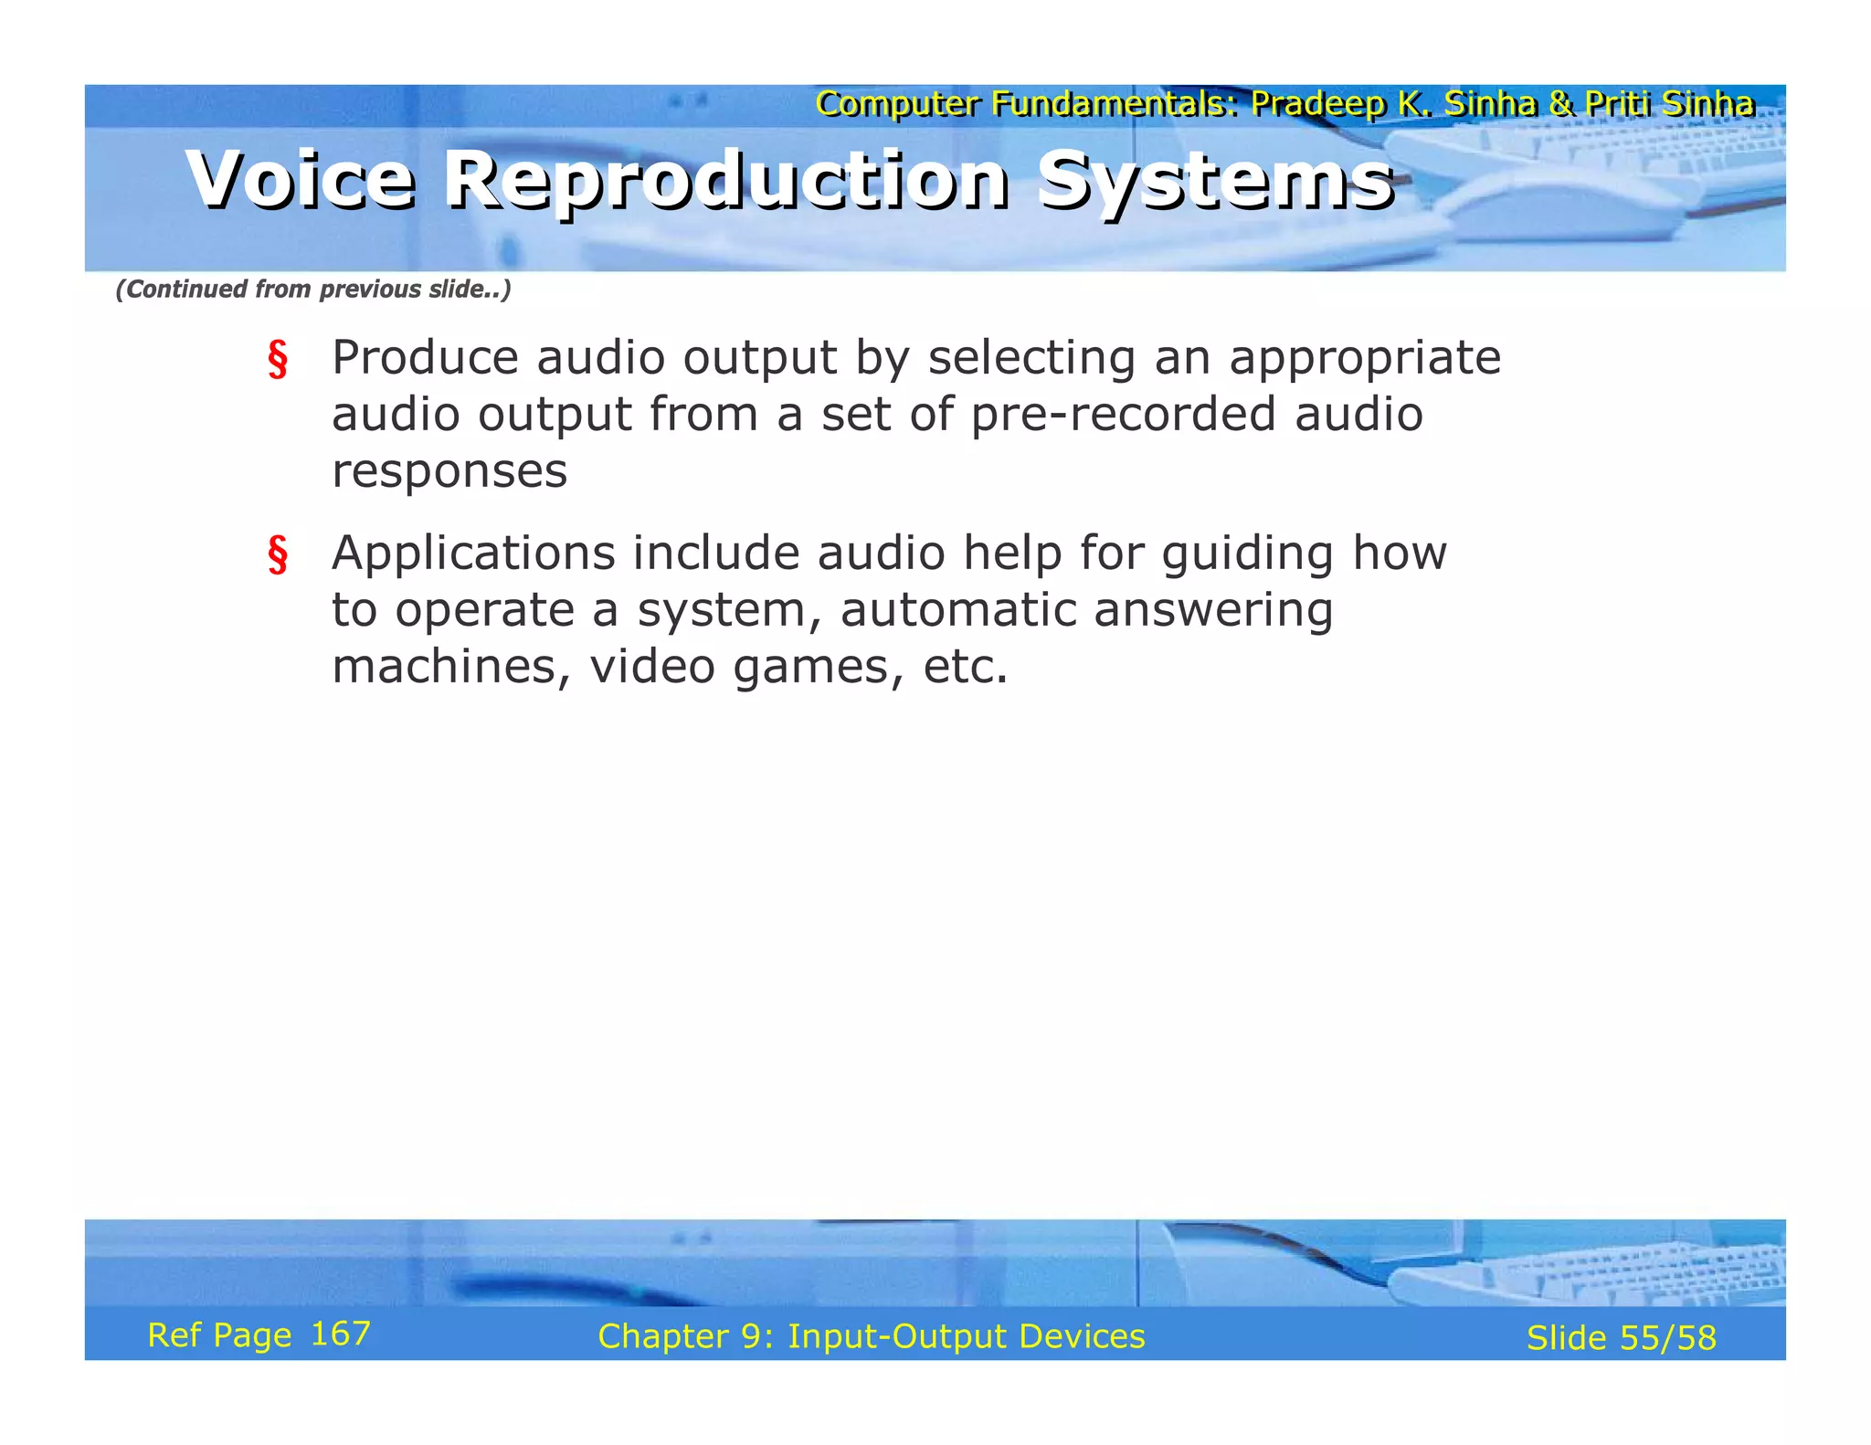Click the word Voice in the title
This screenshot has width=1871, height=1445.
click(x=301, y=180)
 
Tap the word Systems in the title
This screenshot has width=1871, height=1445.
click(x=1215, y=180)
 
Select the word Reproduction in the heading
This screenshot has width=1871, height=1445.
click(x=726, y=180)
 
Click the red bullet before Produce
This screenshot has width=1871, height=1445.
click(x=278, y=359)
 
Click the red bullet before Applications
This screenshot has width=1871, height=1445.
click(x=278, y=554)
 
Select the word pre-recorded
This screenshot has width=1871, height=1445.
click(x=1122, y=415)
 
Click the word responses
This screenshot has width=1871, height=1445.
click(x=449, y=471)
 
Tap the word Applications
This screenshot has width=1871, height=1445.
click(x=473, y=554)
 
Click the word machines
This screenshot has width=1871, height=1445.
click(x=451, y=667)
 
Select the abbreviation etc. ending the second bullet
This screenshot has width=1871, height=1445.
click(x=965, y=667)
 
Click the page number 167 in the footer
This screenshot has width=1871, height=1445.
click(x=340, y=1334)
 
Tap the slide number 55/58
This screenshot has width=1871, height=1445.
click(x=1667, y=1338)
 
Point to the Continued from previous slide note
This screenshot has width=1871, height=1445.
click(x=312, y=290)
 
